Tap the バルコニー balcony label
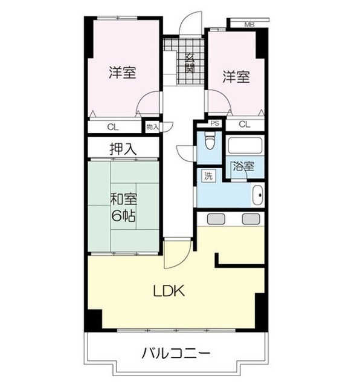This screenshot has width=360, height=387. (176, 353)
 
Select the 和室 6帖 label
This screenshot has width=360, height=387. (123, 206)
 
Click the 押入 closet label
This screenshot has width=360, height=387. (123, 148)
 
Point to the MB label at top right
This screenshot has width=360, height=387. (249, 24)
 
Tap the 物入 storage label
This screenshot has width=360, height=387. (152, 127)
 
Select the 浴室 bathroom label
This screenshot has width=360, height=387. (245, 166)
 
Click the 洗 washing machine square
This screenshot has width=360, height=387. (208, 177)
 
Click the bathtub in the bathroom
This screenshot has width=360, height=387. (245, 146)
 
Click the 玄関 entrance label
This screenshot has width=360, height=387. (189, 63)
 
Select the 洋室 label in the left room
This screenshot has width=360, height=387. (122, 73)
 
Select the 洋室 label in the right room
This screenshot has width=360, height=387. (235, 77)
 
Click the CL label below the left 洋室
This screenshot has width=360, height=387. (113, 127)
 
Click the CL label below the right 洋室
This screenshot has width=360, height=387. (244, 125)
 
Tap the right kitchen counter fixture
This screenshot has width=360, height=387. (250, 219)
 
